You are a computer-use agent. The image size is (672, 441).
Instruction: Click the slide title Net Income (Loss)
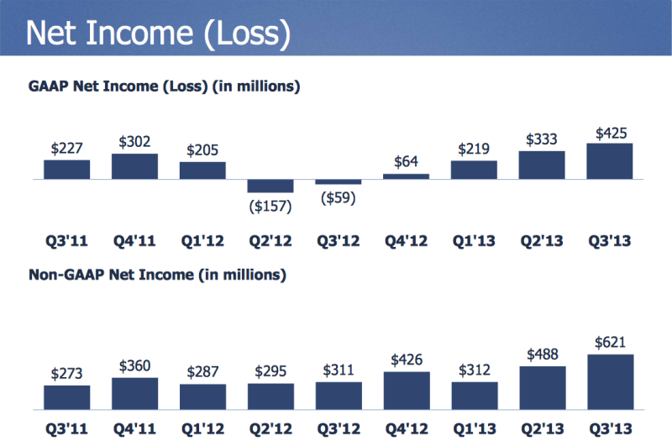158,33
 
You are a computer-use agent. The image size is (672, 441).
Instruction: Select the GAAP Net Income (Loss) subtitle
164,87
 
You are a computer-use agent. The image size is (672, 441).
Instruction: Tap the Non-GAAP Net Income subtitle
157,275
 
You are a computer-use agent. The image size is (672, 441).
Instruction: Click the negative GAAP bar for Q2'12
270,186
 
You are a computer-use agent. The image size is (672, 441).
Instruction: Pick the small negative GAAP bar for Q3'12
339,182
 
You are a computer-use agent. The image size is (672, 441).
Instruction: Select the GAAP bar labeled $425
610,161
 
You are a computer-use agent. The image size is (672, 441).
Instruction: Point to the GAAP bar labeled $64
406,176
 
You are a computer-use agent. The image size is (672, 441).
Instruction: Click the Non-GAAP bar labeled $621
611,382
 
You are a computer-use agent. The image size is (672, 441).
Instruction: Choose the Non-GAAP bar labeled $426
407,391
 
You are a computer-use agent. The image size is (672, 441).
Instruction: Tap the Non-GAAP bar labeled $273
67,397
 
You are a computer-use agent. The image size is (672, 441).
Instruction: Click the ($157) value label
270,206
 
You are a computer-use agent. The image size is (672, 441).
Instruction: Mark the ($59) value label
339,197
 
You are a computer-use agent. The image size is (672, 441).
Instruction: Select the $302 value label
134,141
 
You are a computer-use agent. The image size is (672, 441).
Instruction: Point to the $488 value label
543,354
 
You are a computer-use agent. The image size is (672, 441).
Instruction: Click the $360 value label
134,365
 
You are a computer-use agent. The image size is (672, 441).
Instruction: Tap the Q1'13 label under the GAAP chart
474,240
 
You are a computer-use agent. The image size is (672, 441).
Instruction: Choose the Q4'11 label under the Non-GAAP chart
134,428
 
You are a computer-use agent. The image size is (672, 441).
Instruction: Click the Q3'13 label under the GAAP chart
610,240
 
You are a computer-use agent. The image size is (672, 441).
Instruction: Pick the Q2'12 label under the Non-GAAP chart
270,428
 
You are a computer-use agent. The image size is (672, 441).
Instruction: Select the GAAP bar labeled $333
542,165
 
